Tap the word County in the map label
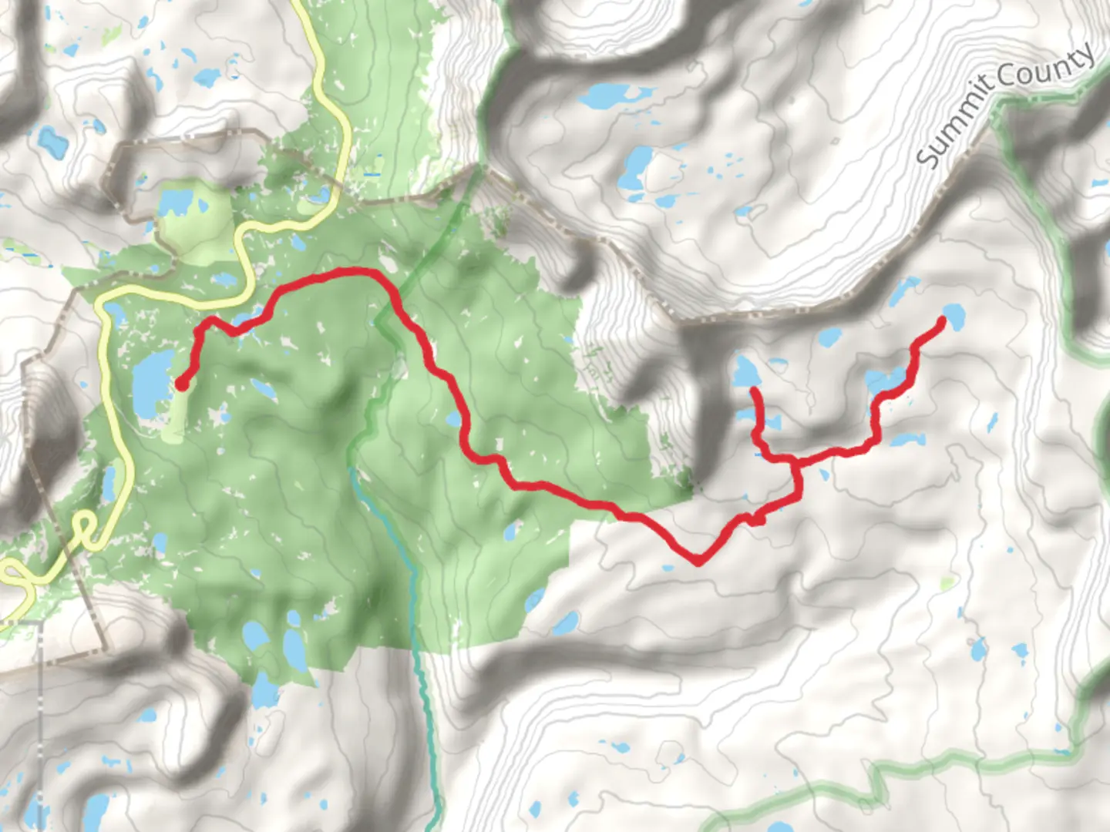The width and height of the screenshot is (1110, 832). click(1047, 67)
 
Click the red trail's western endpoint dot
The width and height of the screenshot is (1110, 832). click(182, 383)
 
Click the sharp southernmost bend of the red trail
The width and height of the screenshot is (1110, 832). click(698, 561)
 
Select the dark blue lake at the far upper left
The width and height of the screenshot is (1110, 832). click(49, 139)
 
